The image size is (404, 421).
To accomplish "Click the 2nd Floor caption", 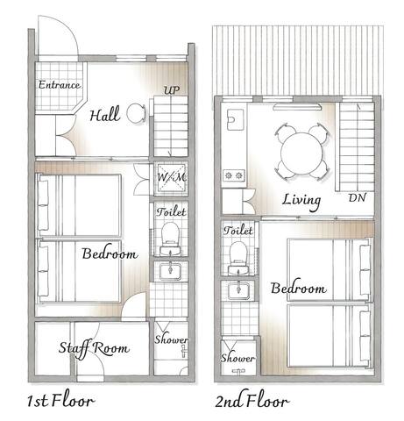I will click(x=252, y=403).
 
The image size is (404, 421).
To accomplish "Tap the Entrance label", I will click(x=59, y=86).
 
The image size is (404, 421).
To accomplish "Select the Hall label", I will click(x=104, y=114).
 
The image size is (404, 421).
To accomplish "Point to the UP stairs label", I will click(x=172, y=91).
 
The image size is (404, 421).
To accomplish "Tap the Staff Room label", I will click(x=94, y=348).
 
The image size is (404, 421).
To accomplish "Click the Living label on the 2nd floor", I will click(x=301, y=200).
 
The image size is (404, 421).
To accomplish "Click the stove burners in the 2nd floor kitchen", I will click(x=233, y=175).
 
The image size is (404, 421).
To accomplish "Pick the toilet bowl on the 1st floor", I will click(x=169, y=235).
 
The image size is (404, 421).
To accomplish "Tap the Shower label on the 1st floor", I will click(x=170, y=339).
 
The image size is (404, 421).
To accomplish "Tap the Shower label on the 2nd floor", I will click(x=237, y=359).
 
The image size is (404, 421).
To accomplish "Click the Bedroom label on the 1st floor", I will click(x=110, y=254).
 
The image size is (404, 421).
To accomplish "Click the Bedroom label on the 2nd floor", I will click(x=298, y=289).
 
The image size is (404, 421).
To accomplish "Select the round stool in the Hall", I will click(x=135, y=113).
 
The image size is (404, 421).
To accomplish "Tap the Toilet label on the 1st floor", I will click(x=169, y=212).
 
